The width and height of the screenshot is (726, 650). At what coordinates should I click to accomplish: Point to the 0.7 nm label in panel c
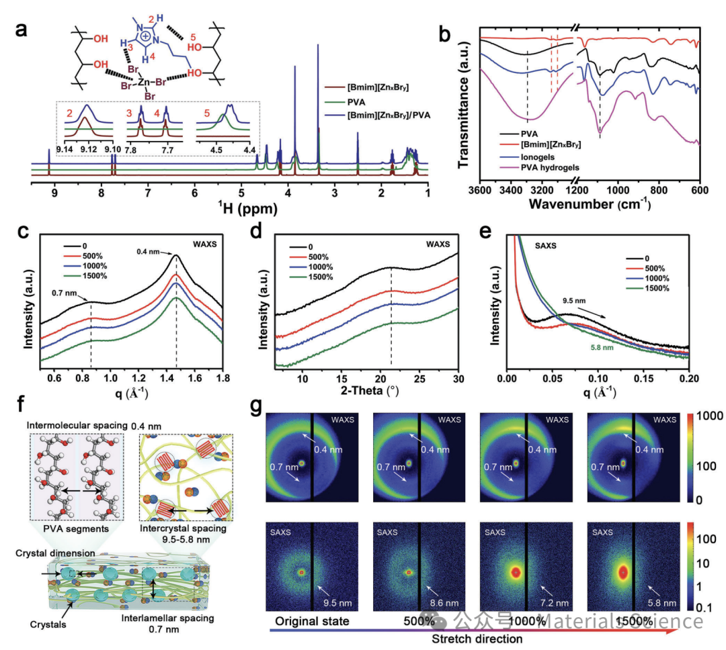[66, 293]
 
